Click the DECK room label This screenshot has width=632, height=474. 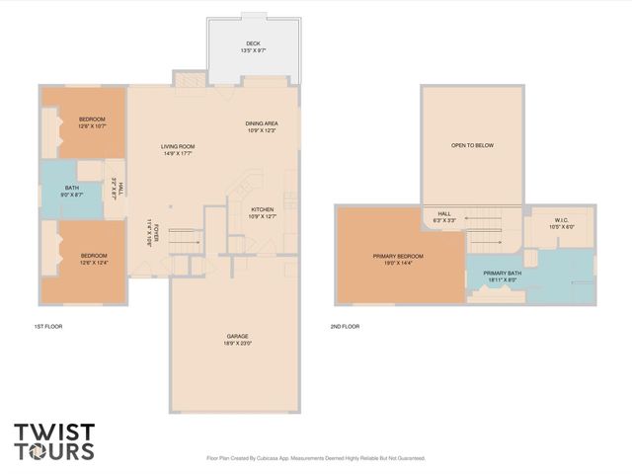[x=255, y=45]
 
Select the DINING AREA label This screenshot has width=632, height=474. [x=261, y=126]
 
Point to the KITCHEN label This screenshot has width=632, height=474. [x=262, y=212]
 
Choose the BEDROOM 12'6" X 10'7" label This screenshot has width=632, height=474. [x=92, y=122]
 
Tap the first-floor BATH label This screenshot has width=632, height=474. [x=72, y=192]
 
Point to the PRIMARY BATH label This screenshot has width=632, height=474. [x=501, y=276]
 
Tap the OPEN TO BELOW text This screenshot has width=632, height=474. [x=472, y=145]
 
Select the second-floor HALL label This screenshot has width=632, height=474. [x=444, y=216]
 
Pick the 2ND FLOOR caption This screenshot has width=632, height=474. [x=345, y=326]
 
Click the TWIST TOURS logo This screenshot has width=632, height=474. [x=54, y=441]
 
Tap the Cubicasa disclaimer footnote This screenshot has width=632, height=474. [x=315, y=458]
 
